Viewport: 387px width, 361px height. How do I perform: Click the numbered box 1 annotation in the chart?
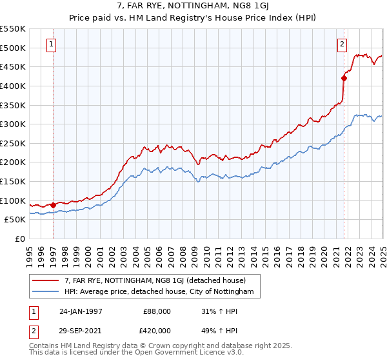point(50,44)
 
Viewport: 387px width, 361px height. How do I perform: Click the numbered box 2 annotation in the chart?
point(342,44)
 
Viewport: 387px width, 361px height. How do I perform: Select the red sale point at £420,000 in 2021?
point(344,79)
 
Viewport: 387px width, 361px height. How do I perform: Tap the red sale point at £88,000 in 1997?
point(53,205)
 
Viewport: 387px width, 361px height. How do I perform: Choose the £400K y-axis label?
point(13,86)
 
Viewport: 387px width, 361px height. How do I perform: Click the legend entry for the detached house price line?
point(155,281)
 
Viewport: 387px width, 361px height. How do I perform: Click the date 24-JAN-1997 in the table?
point(81,311)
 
